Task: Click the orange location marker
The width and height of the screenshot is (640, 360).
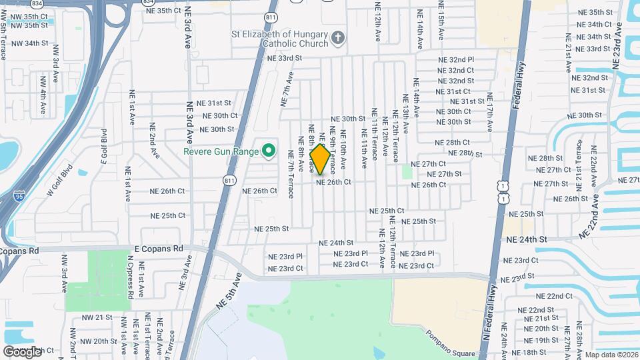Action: point(320,159)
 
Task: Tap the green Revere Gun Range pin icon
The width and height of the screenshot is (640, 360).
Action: point(269,152)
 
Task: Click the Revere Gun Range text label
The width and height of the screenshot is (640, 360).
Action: point(221,152)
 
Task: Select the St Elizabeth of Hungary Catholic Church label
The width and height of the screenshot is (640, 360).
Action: point(279,39)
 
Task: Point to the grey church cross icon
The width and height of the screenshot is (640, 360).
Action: point(339,37)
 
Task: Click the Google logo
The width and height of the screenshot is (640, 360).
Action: point(22,351)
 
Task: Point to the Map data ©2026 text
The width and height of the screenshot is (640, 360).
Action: point(608,354)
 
